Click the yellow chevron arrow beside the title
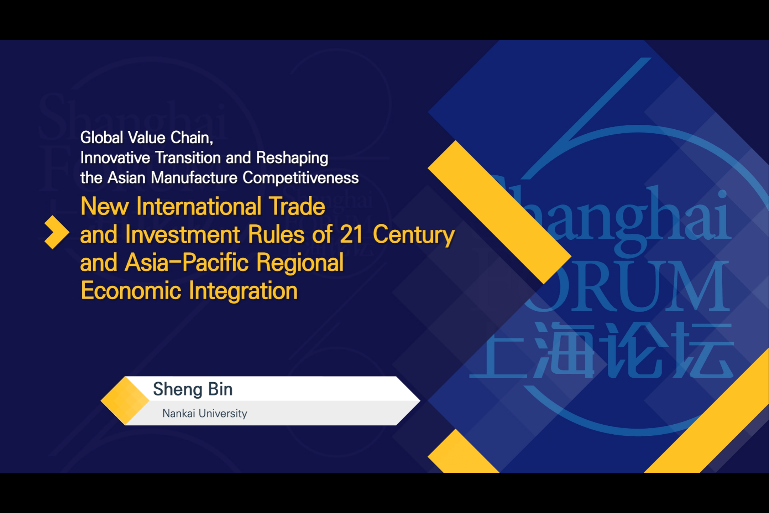tap(57, 232)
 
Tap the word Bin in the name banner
tap(220, 389)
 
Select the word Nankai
tap(179, 413)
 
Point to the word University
tap(223, 414)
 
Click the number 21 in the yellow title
tap(351, 234)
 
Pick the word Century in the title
tap(414, 235)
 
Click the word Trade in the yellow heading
tap(297, 206)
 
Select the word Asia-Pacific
tap(187, 263)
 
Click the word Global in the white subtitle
tap(101, 138)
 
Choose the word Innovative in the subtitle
tap(115, 157)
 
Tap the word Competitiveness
tap(300, 178)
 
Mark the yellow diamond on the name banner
tap(125, 401)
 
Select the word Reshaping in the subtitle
tap(292, 158)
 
